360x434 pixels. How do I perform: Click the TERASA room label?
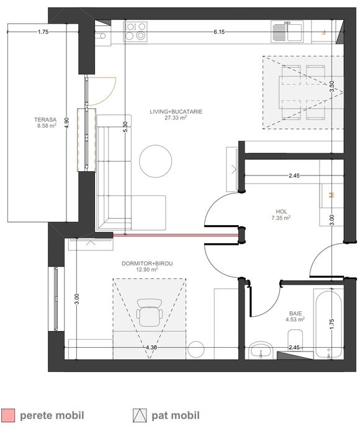click(45, 120)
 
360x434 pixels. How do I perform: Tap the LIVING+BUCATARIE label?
click(176, 112)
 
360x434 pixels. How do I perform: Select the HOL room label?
click(281, 212)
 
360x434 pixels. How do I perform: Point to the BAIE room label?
click(295, 314)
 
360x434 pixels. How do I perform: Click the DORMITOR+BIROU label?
click(147, 263)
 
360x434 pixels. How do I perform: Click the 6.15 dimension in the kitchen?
click(219, 32)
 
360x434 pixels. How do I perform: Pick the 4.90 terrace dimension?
click(66, 123)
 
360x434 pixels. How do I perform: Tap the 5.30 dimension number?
click(125, 127)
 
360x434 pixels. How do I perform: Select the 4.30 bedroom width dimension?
click(151, 348)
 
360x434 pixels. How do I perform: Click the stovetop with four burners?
click(135, 32)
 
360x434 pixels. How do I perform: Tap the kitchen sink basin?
click(294, 32)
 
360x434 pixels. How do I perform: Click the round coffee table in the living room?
click(155, 161)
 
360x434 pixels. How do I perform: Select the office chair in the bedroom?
click(150, 312)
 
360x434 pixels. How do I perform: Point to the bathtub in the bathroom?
click(328, 324)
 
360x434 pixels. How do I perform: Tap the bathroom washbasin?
click(261, 350)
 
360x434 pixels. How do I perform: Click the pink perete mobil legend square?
click(8, 415)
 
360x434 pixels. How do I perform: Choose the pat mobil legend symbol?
click(140, 415)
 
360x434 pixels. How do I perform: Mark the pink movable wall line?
click(176, 236)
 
